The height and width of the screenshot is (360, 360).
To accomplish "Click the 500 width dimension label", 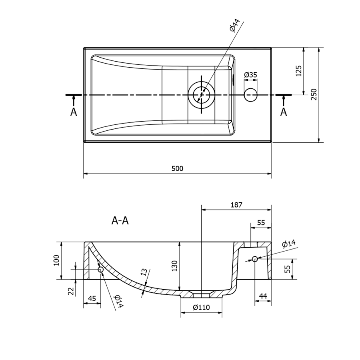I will pos(177,168).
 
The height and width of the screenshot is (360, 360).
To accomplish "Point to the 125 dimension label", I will pos(298,71).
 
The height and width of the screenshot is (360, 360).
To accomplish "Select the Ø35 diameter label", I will pos(250,75).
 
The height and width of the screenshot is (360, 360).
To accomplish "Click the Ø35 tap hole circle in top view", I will pos(251,95).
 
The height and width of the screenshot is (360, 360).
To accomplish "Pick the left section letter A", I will pos(74,112).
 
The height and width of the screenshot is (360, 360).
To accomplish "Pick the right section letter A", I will pos(284,112).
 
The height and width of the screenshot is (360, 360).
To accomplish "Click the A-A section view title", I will pos(120,220).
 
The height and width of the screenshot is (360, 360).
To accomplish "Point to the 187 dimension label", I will pos(236,205).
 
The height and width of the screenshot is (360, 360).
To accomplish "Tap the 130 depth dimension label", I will pos(174,266).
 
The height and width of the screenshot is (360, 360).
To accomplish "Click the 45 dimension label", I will pos(92,298).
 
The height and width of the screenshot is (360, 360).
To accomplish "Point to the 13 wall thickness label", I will pos(144,273).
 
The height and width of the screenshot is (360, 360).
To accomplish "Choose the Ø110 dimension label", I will pos(201,308).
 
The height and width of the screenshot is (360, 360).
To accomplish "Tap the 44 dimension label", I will pos(263,296).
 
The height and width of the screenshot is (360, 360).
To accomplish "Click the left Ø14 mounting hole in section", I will pos(101,270).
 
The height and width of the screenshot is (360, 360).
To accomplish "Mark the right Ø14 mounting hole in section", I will pos(255,259).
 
